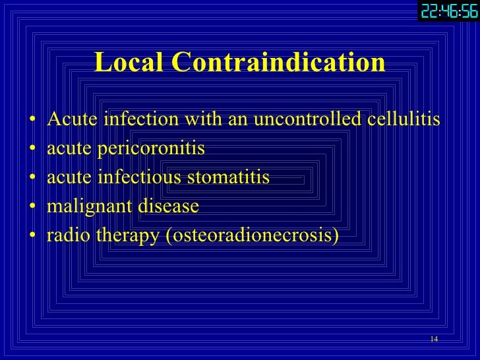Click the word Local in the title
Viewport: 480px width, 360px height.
(x=129, y=63)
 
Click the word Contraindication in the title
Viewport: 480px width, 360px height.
(x=278, y=63)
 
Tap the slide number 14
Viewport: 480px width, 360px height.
(x=433, y=339)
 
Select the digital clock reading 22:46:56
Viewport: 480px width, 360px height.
(x=448, y=11)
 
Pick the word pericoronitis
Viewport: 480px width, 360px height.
(x=151, y=149)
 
